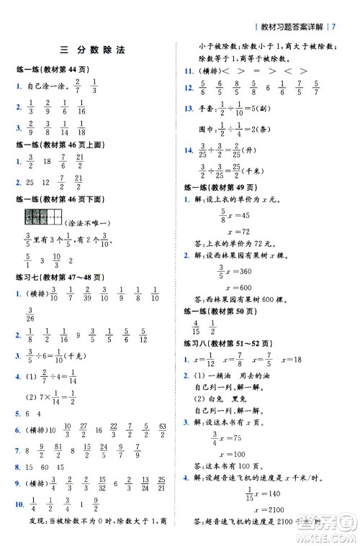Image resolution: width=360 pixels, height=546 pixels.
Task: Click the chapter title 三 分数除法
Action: click(x=93, y=51)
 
